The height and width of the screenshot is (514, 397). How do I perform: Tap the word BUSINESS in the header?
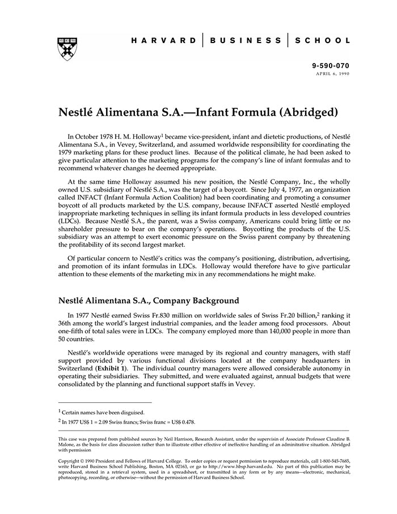point(245,41)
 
